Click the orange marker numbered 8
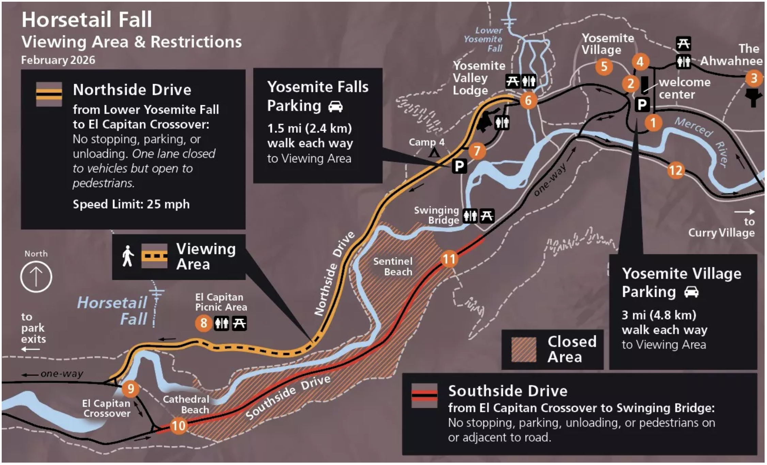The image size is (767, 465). [x=204, y=323]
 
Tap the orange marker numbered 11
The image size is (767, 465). [x=449, y=259]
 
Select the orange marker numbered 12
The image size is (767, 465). [x=676, y=170]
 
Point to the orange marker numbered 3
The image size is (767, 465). [x=754, y=78]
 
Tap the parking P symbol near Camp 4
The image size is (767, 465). [x=459, y=166]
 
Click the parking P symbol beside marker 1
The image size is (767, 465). [x=642, y=105]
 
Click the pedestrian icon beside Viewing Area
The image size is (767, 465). [x=128, y=256]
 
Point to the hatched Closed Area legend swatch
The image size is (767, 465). [x=524, y=350]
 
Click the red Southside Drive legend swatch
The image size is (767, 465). [x=424, y=396]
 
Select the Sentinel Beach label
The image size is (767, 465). [x=393, y=267]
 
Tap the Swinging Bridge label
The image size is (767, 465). [x=437, y=215]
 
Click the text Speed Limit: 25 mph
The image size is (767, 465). [x=131, y=204]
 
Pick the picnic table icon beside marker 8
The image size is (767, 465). [x=239, y=323]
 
